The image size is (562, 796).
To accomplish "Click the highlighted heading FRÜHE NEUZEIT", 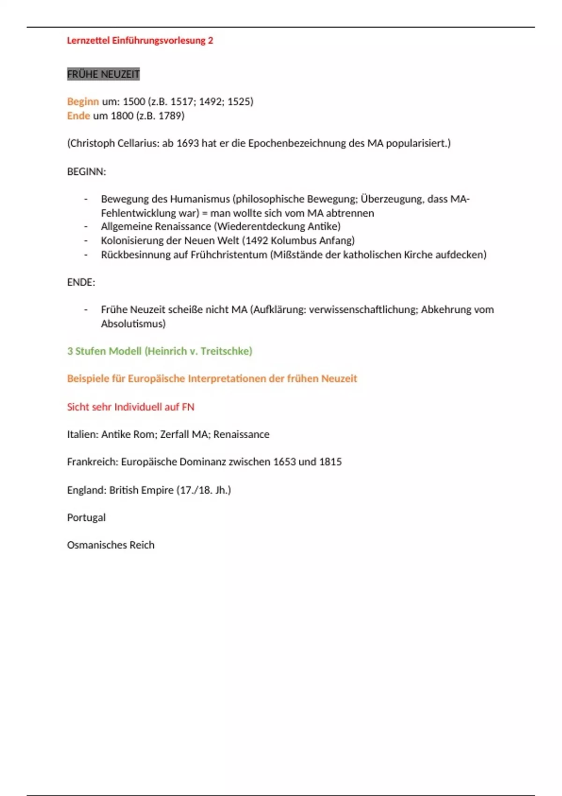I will click(x=104, y=74).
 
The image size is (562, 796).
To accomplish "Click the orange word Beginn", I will click(x=83, y=102).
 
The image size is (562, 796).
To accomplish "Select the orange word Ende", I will click(x=78, y=116).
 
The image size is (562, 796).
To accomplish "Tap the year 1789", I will click(x=170, y=116).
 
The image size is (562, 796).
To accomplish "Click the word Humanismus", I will click(x=200, y=199).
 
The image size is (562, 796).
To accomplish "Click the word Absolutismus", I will click(x=133, y=324).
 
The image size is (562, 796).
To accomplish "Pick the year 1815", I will click(x=330, y=462).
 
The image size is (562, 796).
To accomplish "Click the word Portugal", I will click(x=86, y=517).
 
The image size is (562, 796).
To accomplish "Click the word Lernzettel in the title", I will click(x=88, y=41).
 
